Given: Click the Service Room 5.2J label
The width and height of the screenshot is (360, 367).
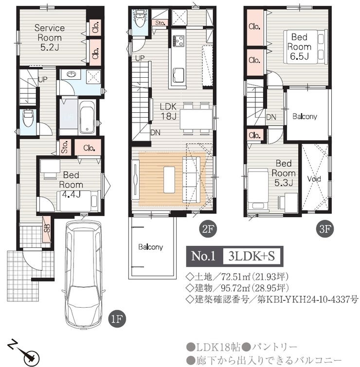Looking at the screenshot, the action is click(50, 37).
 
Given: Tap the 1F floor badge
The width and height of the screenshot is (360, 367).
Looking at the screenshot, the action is click(117, 319).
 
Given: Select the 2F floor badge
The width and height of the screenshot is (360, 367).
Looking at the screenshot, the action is click(208, 229).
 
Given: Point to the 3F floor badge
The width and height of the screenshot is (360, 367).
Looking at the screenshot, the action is click(325, 229).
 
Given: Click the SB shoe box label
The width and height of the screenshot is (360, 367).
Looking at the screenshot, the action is click(47, 228).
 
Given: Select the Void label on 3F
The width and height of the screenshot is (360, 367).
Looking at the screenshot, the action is click(314, 179).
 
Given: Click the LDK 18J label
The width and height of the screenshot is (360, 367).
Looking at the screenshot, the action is click(168, 111).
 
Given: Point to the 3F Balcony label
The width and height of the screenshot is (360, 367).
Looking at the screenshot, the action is click(305, 116).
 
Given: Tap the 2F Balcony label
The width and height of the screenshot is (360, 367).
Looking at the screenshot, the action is click(150, 247).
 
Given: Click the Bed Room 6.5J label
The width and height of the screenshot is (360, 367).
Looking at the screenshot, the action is click(299, 47).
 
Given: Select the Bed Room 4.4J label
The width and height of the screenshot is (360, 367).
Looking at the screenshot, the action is click(71, 184).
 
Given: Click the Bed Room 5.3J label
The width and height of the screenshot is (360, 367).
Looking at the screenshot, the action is click(284, 173).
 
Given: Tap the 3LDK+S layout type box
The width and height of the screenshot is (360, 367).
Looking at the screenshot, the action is click(252, 256).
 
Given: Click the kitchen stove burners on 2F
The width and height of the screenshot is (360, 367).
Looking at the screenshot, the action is click(179, 40).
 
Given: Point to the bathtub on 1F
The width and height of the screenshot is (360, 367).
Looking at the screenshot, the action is click(87, 117).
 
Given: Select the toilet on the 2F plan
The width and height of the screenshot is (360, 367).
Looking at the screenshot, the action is click(140, 19).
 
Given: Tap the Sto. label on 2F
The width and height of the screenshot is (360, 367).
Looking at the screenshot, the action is click(160, 23).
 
